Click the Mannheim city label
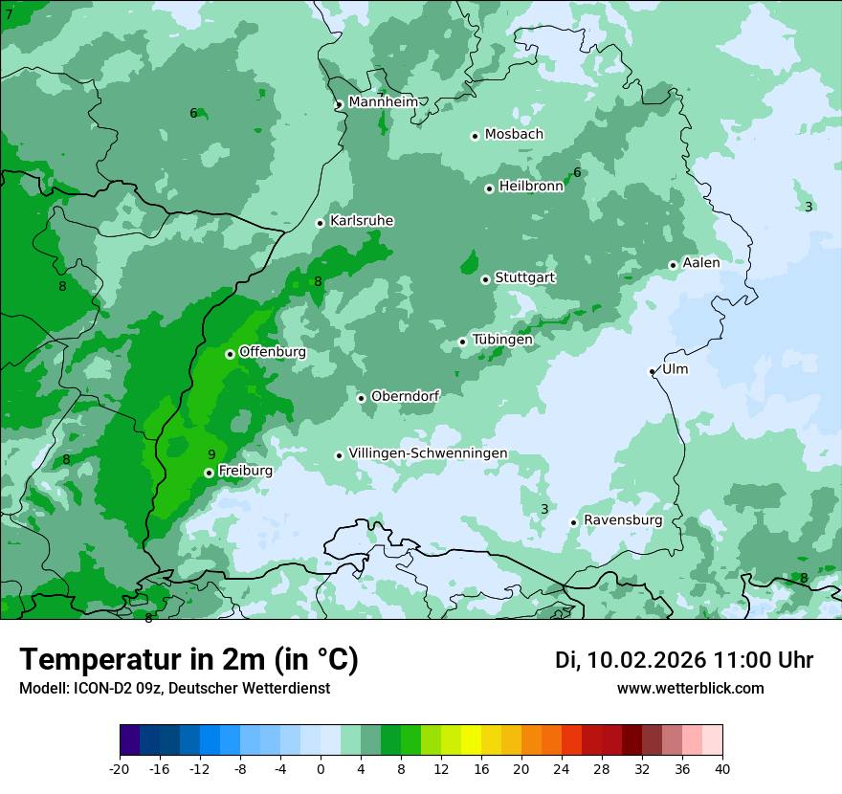click(x=384, y=102)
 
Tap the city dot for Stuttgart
click(x=485, y=279)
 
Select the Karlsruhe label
click(x=362, y=221)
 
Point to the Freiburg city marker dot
click(x=209, y=473)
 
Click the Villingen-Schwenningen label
click(x=428, y=453)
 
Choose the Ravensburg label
click(x=623, y=520)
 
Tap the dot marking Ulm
click(x=652, y=371)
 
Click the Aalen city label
click(x=701, y=263)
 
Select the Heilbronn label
click(x=531, y=187)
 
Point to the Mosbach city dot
click(x=475, y=136)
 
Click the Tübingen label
click(x=502, y=340)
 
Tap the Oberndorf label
click(x=406, y=396)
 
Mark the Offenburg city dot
click(x=230, y=354)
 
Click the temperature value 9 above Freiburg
click(x=211, y=454)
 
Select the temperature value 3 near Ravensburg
click(x=544, y=509)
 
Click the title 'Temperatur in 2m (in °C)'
click(x=188, y=659)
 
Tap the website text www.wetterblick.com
click(x=690, y=688)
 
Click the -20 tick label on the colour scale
click(x=120, y=768)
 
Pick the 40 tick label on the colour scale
click(x=722, y=768)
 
